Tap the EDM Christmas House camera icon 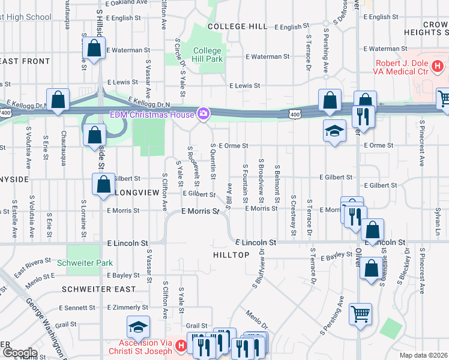tap(204, 113)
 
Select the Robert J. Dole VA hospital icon tap(438, 65)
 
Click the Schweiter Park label tap(84, 263)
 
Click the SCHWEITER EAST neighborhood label tap(95, 289)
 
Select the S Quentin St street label tap(213, 161)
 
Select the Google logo tap(20, 353)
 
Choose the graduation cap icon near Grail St tap(138, 327)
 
